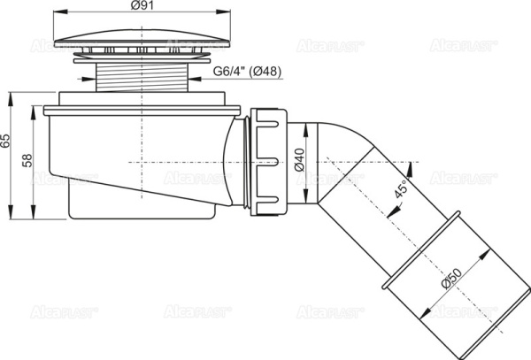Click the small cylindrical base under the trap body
point(142,206)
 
